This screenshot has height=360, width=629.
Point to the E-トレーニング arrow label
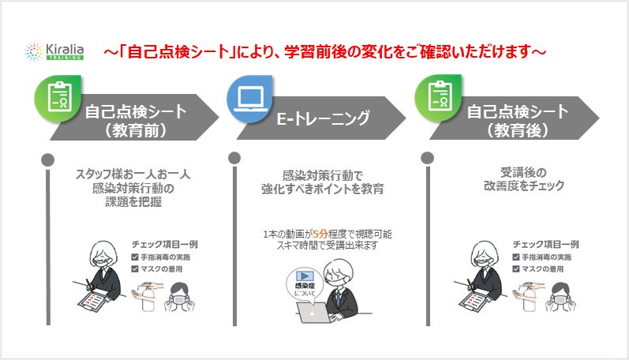tap(324, 119)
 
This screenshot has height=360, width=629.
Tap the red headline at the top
tap(324, 53)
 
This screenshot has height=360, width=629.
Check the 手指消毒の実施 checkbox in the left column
tap(135, 257)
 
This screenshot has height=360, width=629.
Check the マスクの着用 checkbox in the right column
tap(515, 269)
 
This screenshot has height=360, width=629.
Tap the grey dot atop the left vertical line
tap(48, 157)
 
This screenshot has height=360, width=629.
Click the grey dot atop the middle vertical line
tap(234, 157)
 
